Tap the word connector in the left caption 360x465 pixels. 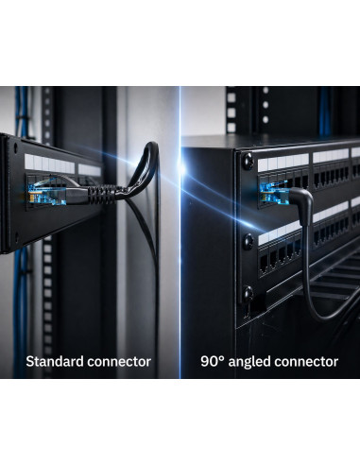coord(119,362)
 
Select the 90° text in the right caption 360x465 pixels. coord(213,361)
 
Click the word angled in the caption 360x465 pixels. coord(249,362)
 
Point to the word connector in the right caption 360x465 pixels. coord(306,362)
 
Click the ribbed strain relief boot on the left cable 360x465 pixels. coord(100,194)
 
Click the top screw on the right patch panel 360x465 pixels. coord(248,160)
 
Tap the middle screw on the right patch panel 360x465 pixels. coord(248,242)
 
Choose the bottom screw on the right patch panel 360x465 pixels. coord(248,293)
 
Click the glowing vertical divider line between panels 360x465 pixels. coord(180,232)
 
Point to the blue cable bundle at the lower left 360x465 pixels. coord(21,312)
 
